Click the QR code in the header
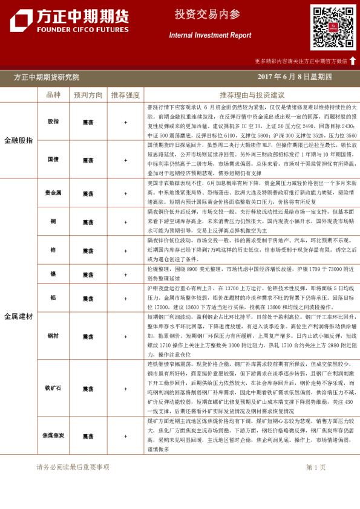pos(333,27)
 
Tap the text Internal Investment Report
pos(210,36)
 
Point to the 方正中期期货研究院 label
pos(46,77)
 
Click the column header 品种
pos(53,95)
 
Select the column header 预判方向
pos(88,95)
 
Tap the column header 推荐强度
pos(125,95)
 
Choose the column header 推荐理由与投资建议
pos(252,95)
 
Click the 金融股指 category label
pos(19,140)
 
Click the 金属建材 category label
pos(19,316)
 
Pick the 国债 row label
pos(53,160)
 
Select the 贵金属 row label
pos(53,193)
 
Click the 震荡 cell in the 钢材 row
pos(88,335)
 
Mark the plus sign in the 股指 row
pos(125,122)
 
